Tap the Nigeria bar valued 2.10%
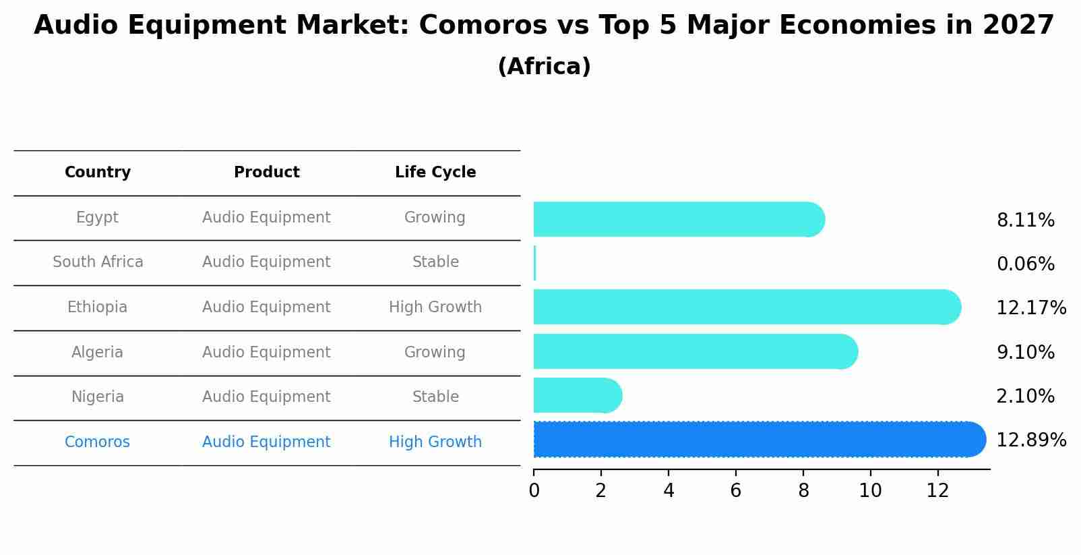(576, 396)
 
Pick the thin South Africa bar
(534, 263)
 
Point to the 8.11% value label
(1025, 221)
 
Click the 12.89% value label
(1030, 440)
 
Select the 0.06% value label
(1025, 264)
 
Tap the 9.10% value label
(1025, 353)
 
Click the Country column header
(98, 173)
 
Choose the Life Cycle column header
(435, 173)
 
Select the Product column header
(266, 173)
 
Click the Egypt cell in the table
(97, 218)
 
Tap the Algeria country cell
(97, 353)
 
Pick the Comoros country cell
(97, 442)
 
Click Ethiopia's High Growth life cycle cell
(435, 308)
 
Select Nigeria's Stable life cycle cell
(435, 397)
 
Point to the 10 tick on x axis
(870, 491)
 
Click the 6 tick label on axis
(735, 491)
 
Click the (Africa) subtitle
(544, 67)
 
